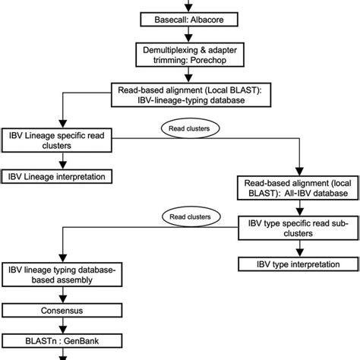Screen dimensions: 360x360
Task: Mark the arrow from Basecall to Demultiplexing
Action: (x=180, y=35)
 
